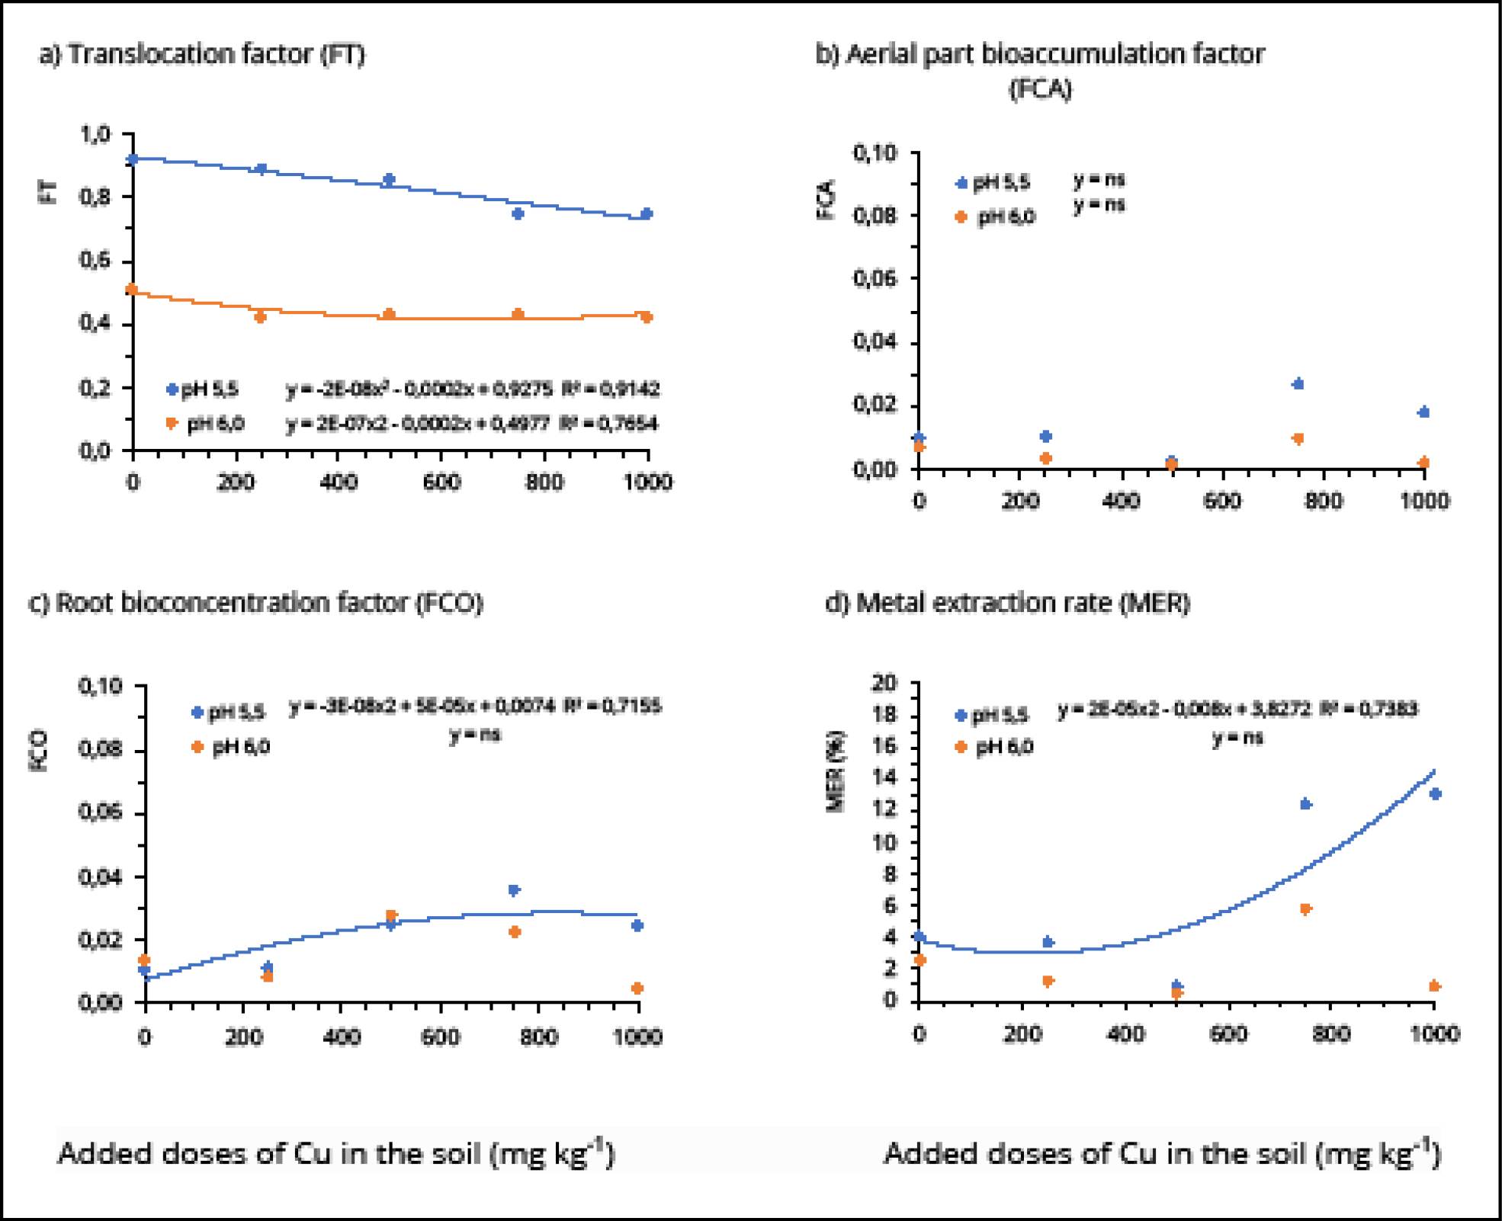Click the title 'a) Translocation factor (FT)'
203,55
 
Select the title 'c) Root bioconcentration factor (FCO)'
256,603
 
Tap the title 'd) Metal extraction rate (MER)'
1007,603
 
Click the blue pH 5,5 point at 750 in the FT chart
518,213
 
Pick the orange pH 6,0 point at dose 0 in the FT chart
131,290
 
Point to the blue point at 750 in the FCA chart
1298,383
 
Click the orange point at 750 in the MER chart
1305,909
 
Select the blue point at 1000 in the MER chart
1435,793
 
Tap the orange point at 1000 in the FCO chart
637,988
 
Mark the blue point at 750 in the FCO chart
514,889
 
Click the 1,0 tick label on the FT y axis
95,134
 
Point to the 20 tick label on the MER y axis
885,682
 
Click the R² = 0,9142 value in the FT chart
611,389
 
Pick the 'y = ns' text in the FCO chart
474,735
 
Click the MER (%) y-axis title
836,771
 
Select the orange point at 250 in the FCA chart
1045,458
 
